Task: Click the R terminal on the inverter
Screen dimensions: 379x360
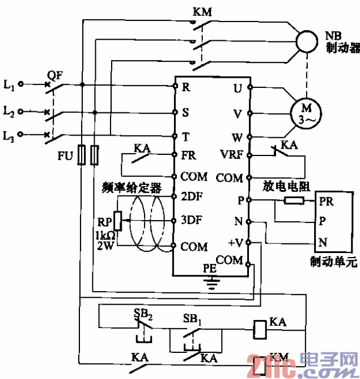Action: coord(185,87)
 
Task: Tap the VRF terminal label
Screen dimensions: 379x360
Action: coord(231,155)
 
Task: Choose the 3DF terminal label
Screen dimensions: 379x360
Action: coord(192,220)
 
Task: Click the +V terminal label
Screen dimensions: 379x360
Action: coord(234,243)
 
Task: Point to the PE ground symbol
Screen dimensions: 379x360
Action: coord(211,281)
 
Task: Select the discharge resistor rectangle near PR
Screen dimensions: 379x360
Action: coord(294,200)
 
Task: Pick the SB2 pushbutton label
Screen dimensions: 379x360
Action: coord(143,314)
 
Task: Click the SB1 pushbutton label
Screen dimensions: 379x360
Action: coord(193,320)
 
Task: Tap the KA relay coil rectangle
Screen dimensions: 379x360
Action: coord(259,328)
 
